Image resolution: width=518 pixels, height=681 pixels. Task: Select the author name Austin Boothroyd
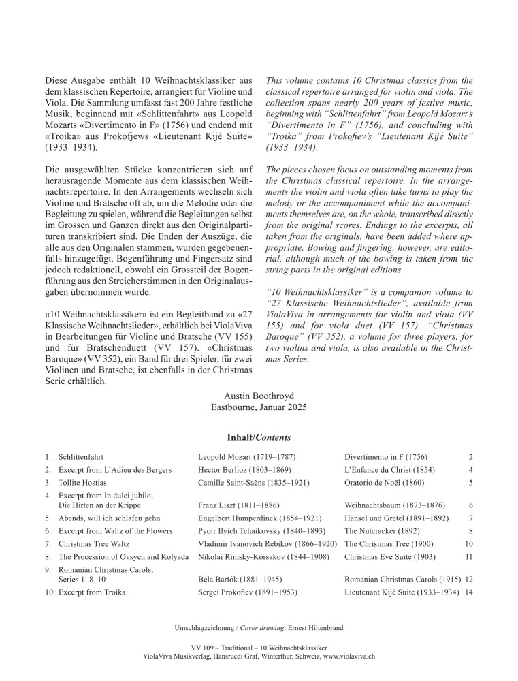pos(259,396)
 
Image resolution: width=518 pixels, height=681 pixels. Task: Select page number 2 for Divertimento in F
pos(470,456)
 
